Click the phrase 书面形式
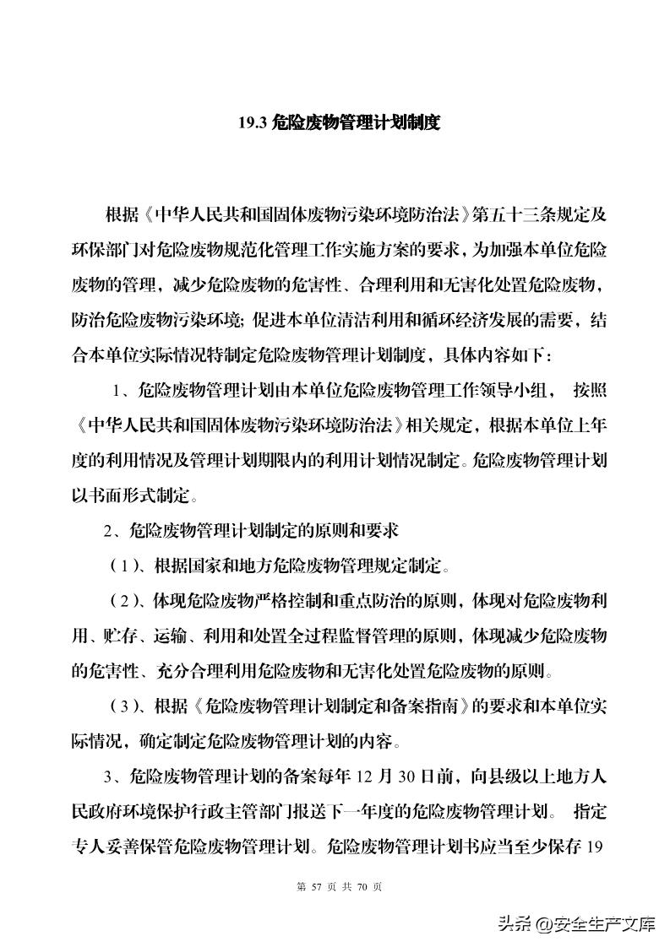[120, 495]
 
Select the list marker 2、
[113, 531]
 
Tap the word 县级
[514, 777]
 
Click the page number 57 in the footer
[319, 887]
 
